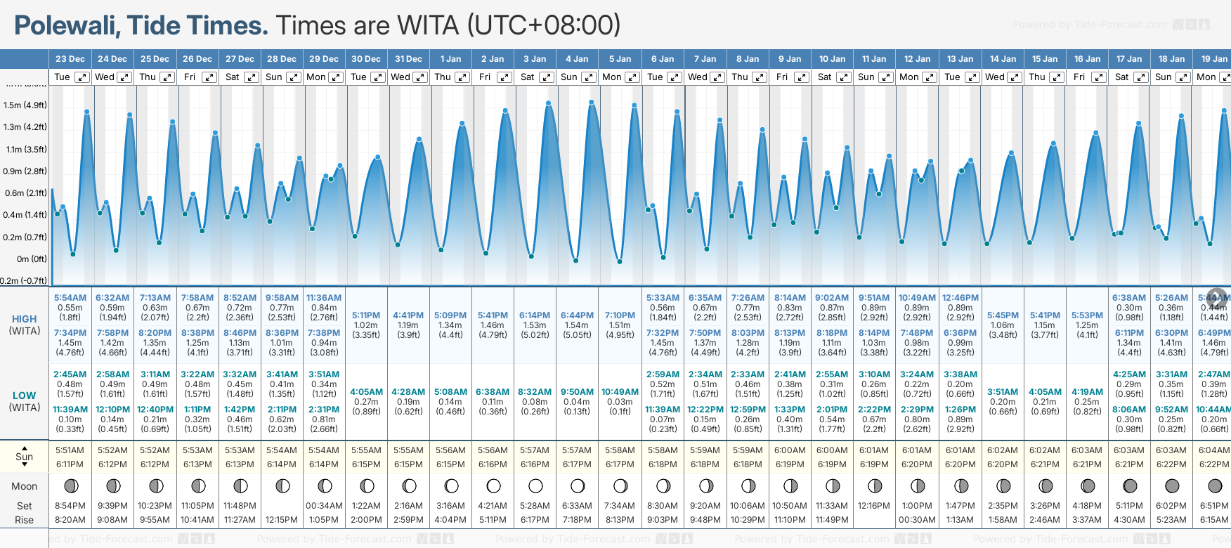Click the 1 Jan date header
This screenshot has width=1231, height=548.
(x=450, y=59)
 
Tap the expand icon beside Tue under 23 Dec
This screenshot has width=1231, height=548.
(x=82, y=77)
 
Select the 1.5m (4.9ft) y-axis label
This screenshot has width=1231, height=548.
(x=25, y=105)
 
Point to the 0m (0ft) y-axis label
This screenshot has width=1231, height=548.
(x=32, y=259)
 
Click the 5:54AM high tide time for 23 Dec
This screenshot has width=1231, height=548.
(x=70, y=298)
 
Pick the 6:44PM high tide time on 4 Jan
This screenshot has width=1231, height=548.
(x=577, y=315)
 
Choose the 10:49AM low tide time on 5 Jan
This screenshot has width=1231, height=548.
(x=620, y=392)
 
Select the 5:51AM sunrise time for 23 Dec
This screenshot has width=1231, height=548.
(x=70, y=450)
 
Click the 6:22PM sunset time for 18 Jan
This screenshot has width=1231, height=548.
(x=1172, y=464)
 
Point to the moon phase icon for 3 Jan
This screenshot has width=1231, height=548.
(x=535, y=486)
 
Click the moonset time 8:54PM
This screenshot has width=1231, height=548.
(x=70, y=506)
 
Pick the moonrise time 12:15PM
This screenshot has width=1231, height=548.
(x=282, y=520)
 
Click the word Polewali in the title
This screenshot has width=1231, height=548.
(x=66, y=26)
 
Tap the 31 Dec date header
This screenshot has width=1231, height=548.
(x=408, y=59)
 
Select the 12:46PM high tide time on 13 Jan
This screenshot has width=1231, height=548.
(x=960, y=298)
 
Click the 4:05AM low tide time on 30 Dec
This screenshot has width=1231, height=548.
(x=366, y=392)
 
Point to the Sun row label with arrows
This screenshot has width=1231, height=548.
(x=24, y=457)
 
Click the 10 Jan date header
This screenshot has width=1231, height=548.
(x=832, y=59)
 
